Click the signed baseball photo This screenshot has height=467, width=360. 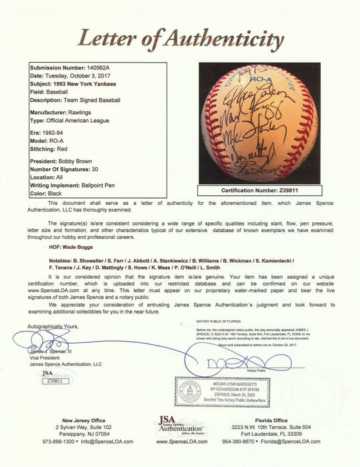pos(259,123)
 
